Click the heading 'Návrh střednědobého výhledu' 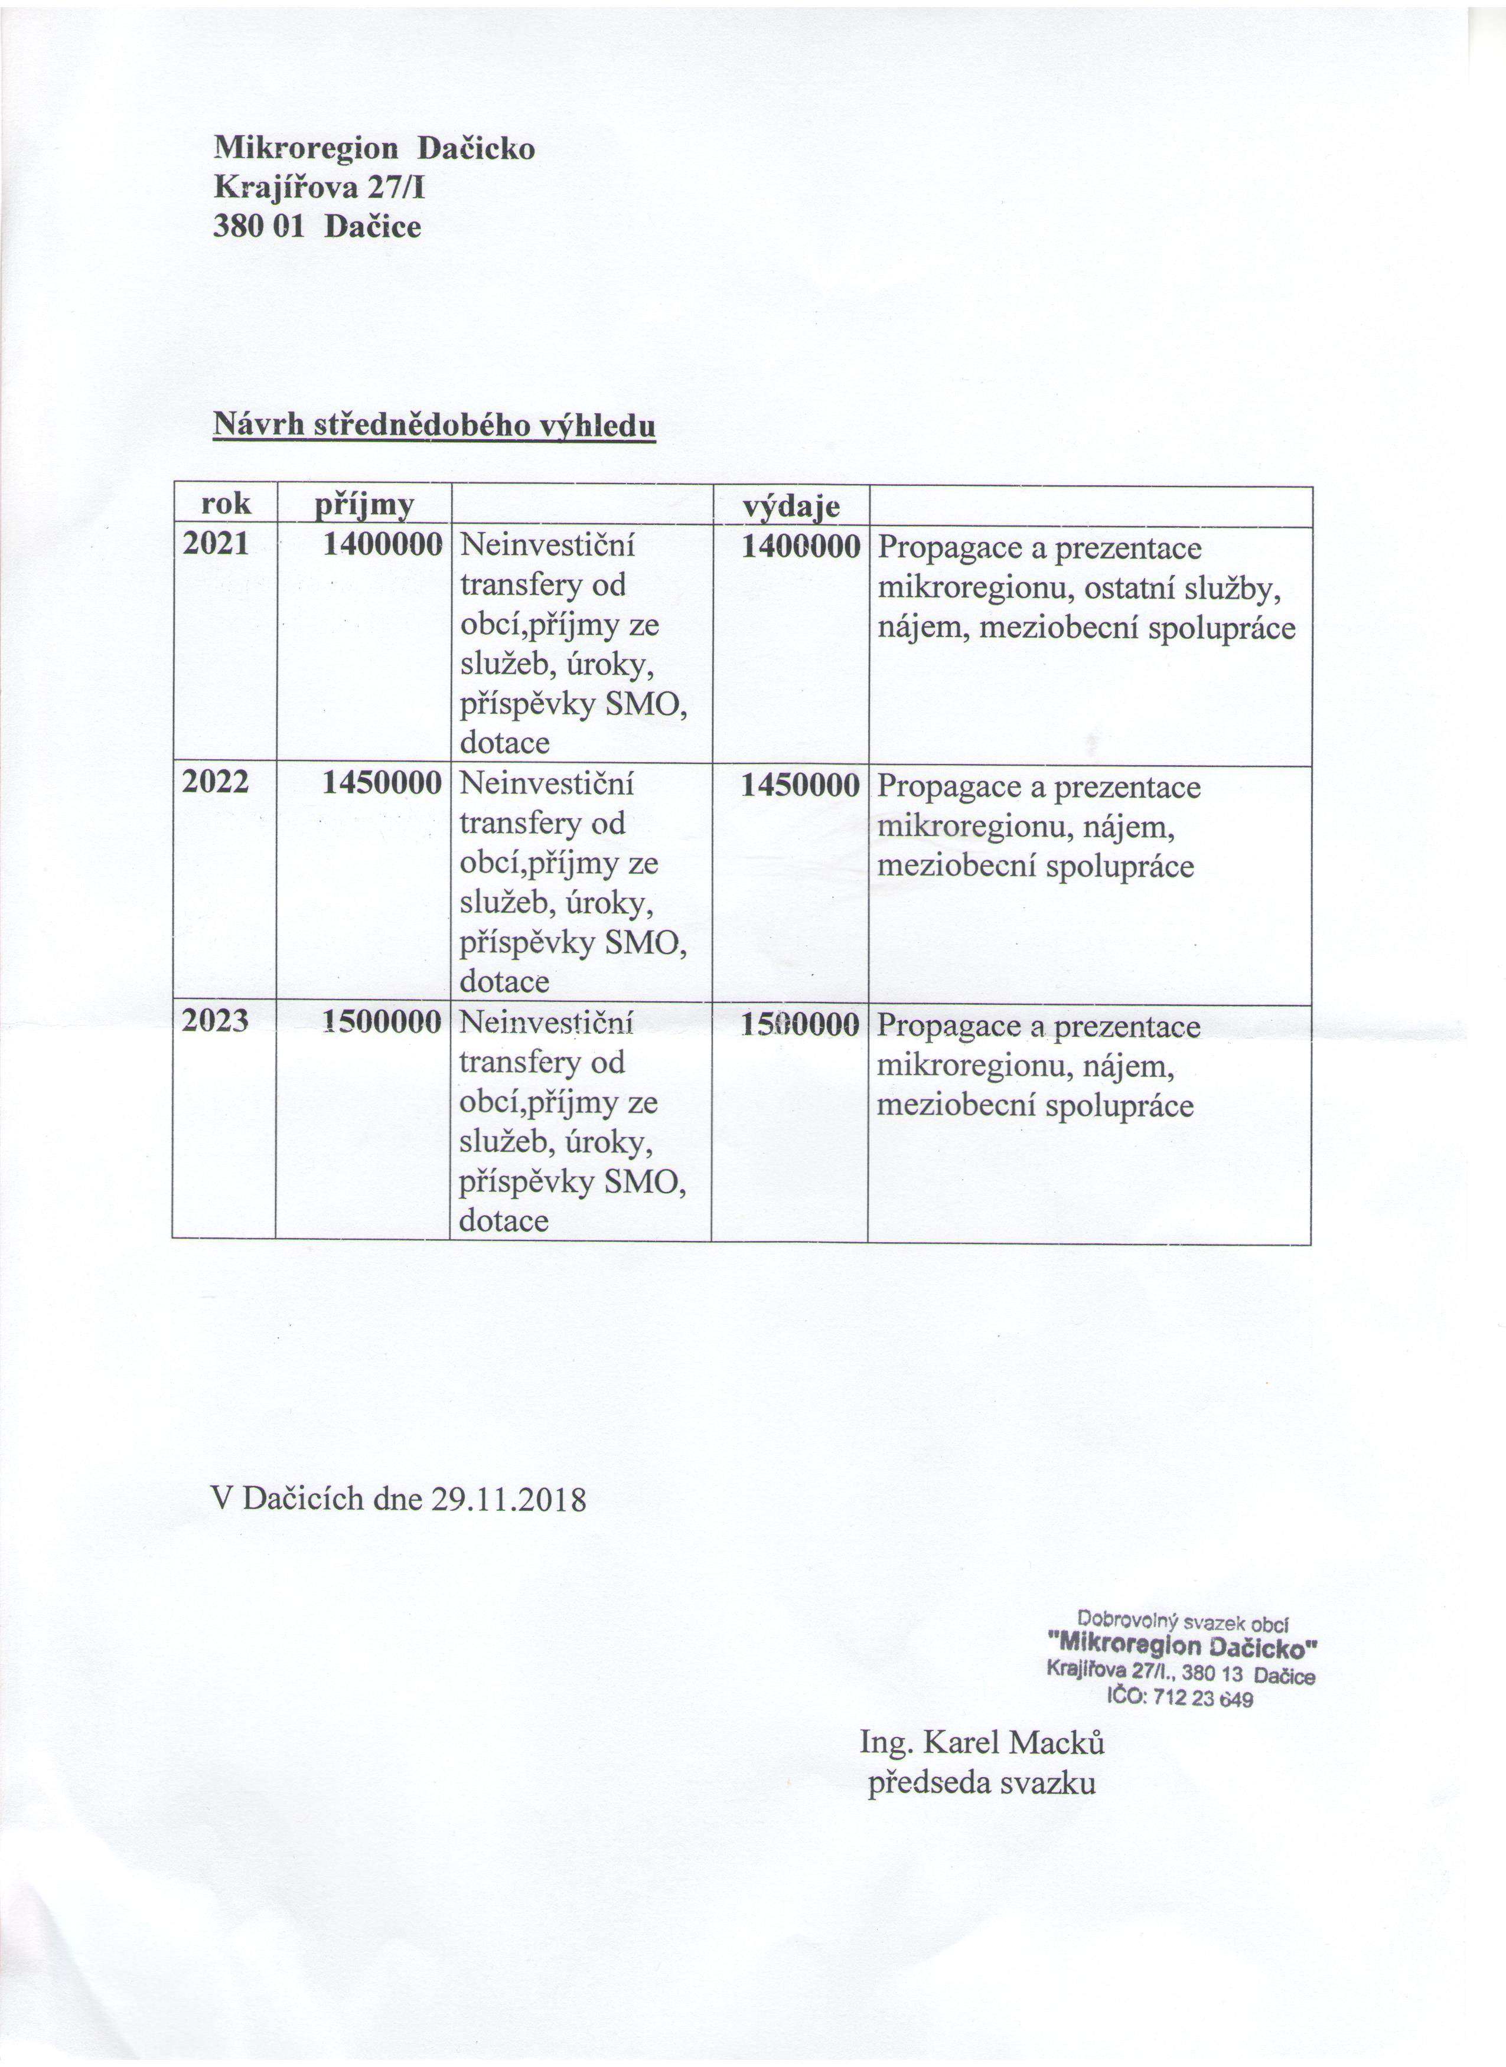point(434,424)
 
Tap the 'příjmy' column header point(364,505)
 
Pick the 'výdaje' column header point(791,507)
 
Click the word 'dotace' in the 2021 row point(505,743)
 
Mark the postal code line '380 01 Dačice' point(317,226)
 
